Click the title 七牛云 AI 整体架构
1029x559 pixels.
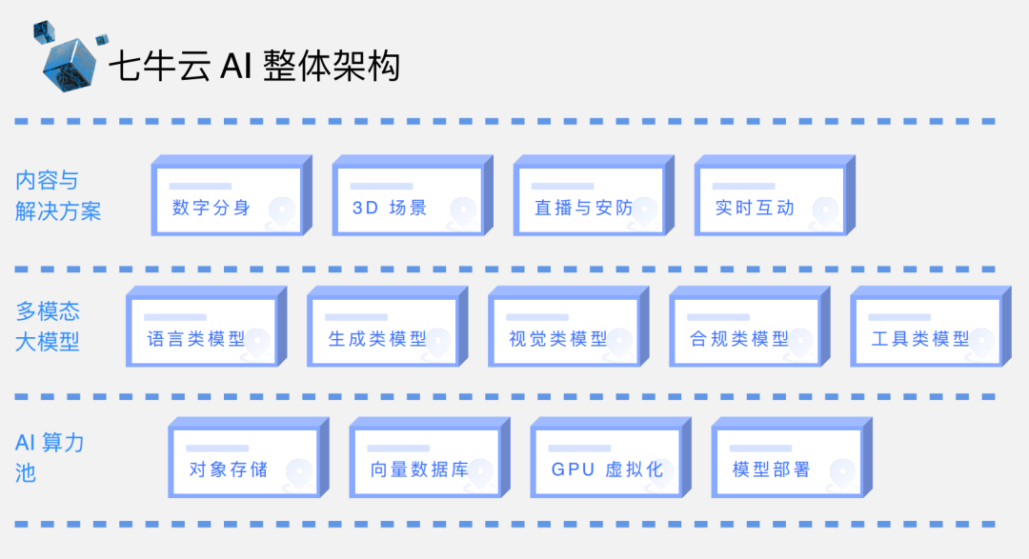pyautogui.click(x=253, y=66)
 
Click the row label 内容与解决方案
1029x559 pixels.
pyautogui.click(x=58, y=195)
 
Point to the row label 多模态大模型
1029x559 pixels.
pyautogui.click(x=48, y=326)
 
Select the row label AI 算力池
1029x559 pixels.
pyautogui.click(x=50, y=456)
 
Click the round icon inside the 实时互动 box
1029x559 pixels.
pyautogui.click(x=825, y=211)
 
